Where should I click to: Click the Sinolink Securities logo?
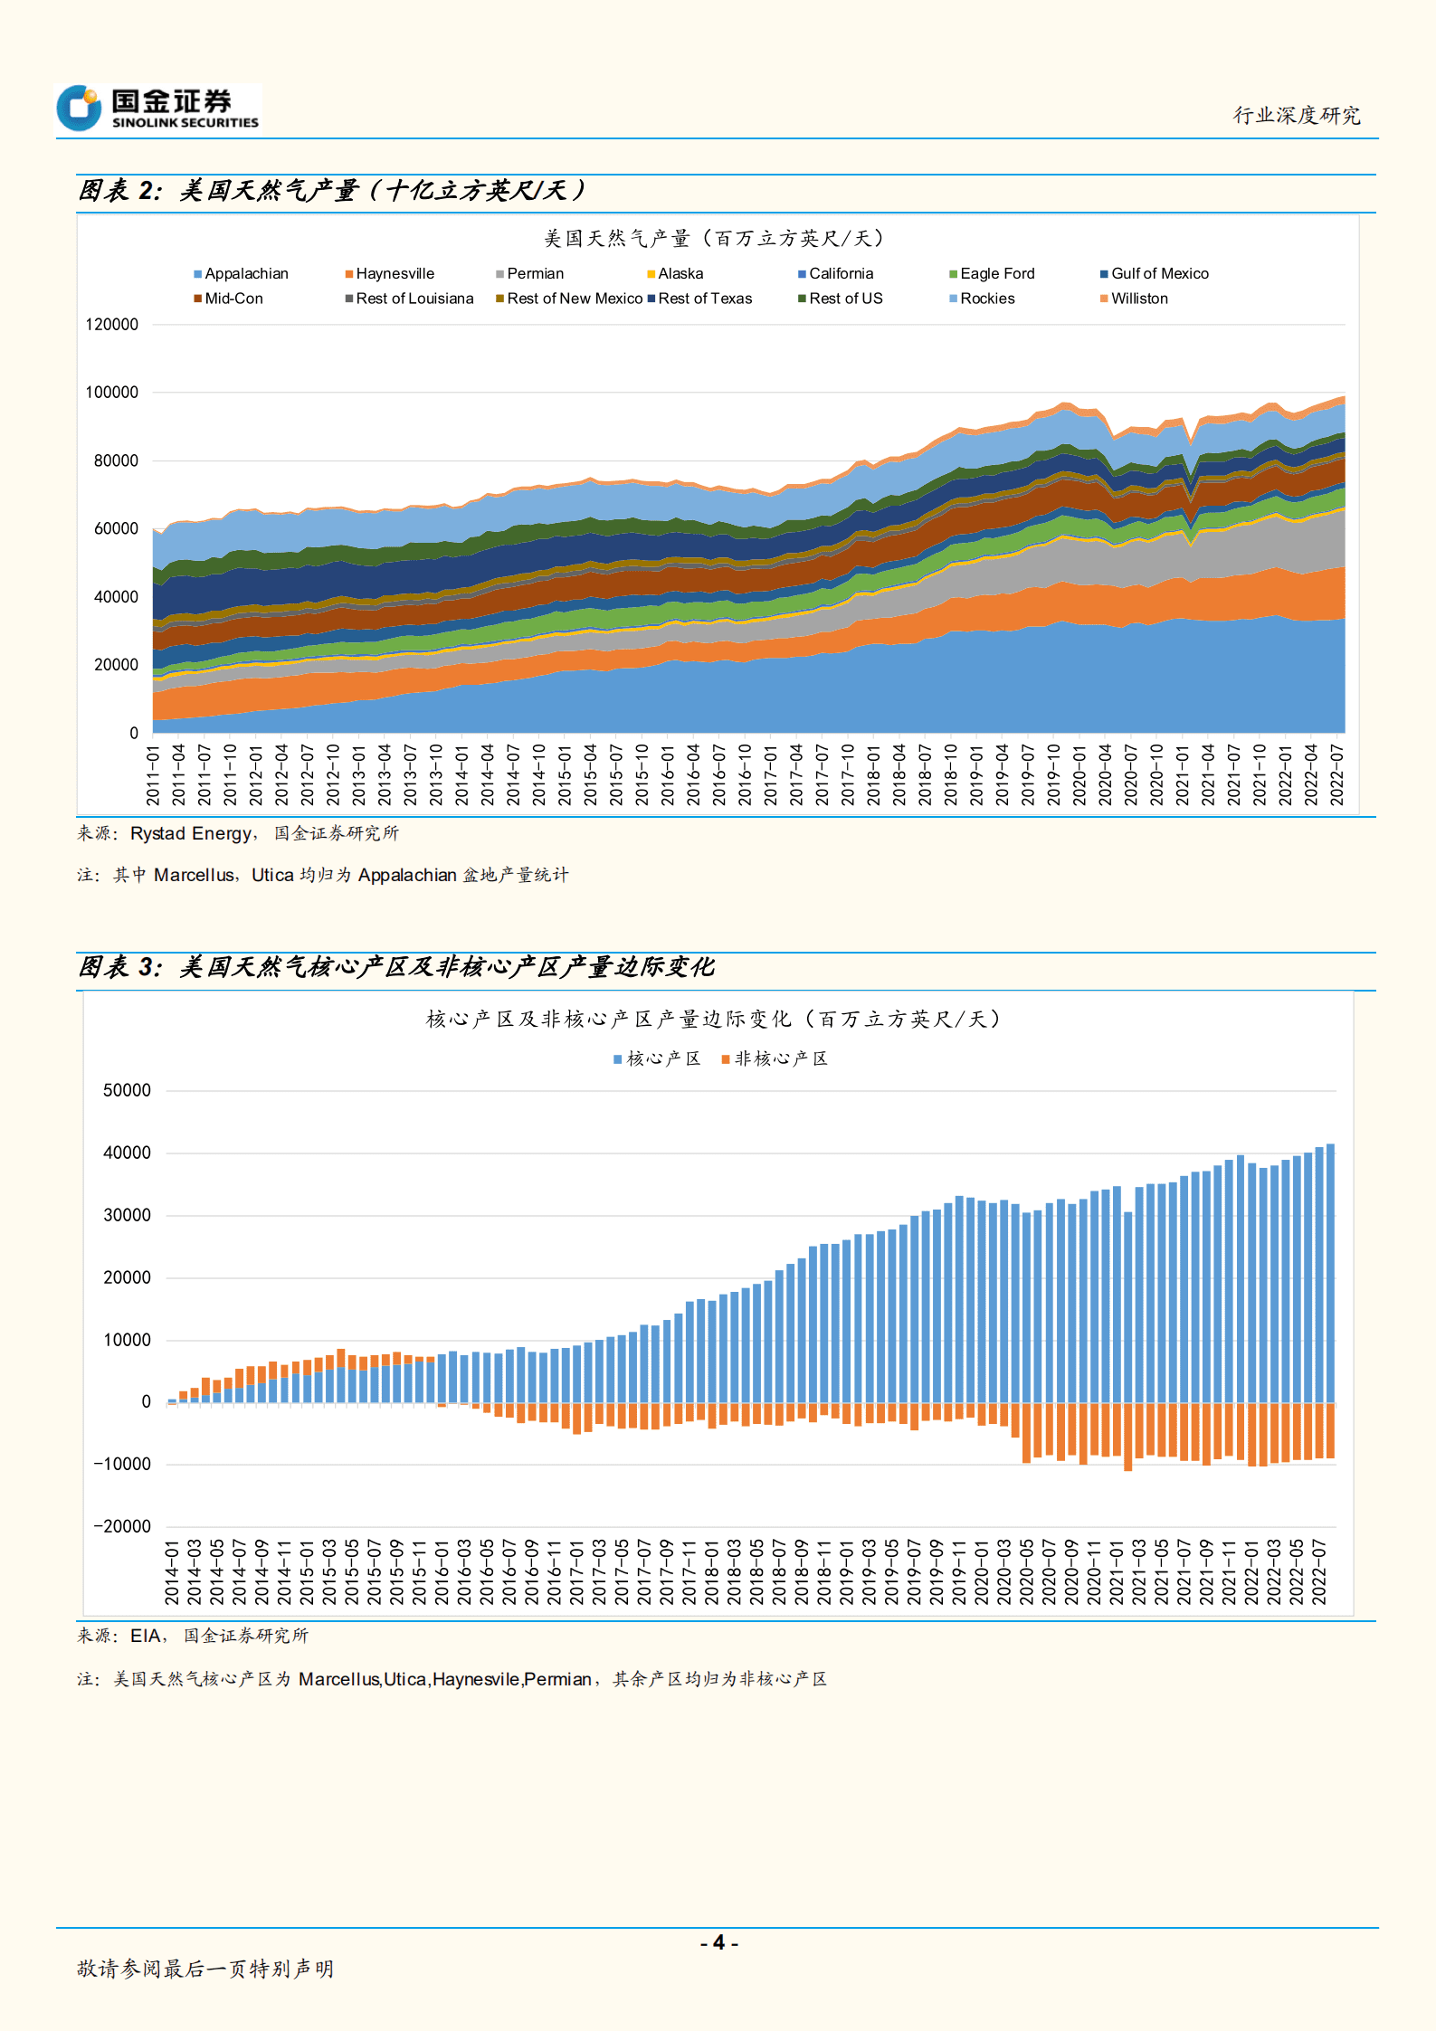pos(158,109)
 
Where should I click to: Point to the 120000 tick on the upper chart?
pos(112,325)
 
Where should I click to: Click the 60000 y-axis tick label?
pos(116,529)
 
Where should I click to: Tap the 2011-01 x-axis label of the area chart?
pos(153,775)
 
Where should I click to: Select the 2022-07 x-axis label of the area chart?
pos(1336,775)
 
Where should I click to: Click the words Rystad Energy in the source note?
pos(191,834)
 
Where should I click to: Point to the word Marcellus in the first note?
pos(194,876)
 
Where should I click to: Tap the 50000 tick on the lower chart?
pos(127,1091)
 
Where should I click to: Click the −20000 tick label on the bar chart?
pos(122,1527)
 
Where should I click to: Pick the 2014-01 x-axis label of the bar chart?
pos(172,1573)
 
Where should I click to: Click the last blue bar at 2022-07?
pos(1330,1267)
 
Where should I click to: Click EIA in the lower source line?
pos(145,1637)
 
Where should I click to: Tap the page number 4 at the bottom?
pos(719,1943)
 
